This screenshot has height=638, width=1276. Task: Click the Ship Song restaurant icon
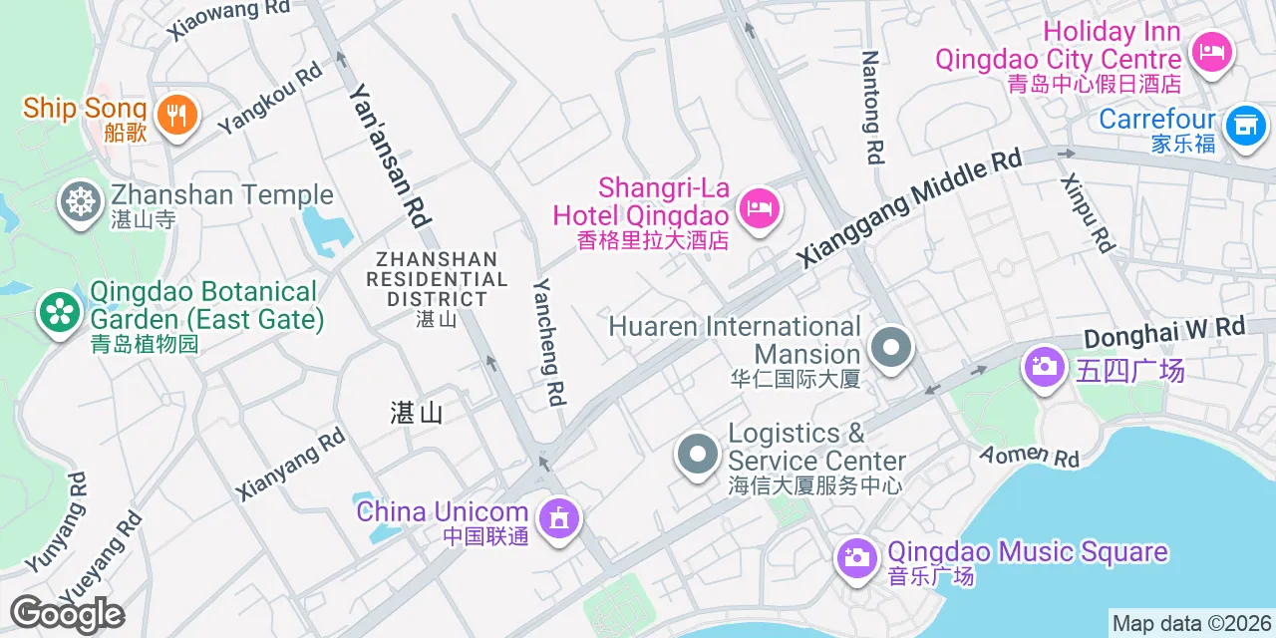pos(176,115)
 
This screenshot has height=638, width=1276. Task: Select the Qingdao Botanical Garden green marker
pos(60,312)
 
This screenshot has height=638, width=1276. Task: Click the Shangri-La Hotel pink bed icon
pos(761,208)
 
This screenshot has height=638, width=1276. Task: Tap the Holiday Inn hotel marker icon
pos(1211,50)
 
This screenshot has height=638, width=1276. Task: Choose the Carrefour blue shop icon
pos(1243,126)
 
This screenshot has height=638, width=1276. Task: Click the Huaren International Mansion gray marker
pos(890,349)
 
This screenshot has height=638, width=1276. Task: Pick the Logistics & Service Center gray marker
pos(698,455)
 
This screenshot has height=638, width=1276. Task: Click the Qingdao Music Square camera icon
pos(855,556)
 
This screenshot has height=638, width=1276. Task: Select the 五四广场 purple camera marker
pos(1044,367)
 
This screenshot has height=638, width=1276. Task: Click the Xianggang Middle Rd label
pos(909,208)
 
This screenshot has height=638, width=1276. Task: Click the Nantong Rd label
pos(872,107)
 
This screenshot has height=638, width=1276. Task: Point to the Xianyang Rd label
pos(289,464)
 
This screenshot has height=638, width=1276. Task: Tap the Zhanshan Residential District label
pos(431,279)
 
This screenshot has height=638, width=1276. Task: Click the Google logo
pos(67,614)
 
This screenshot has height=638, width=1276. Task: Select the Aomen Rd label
pos(1030,455)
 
